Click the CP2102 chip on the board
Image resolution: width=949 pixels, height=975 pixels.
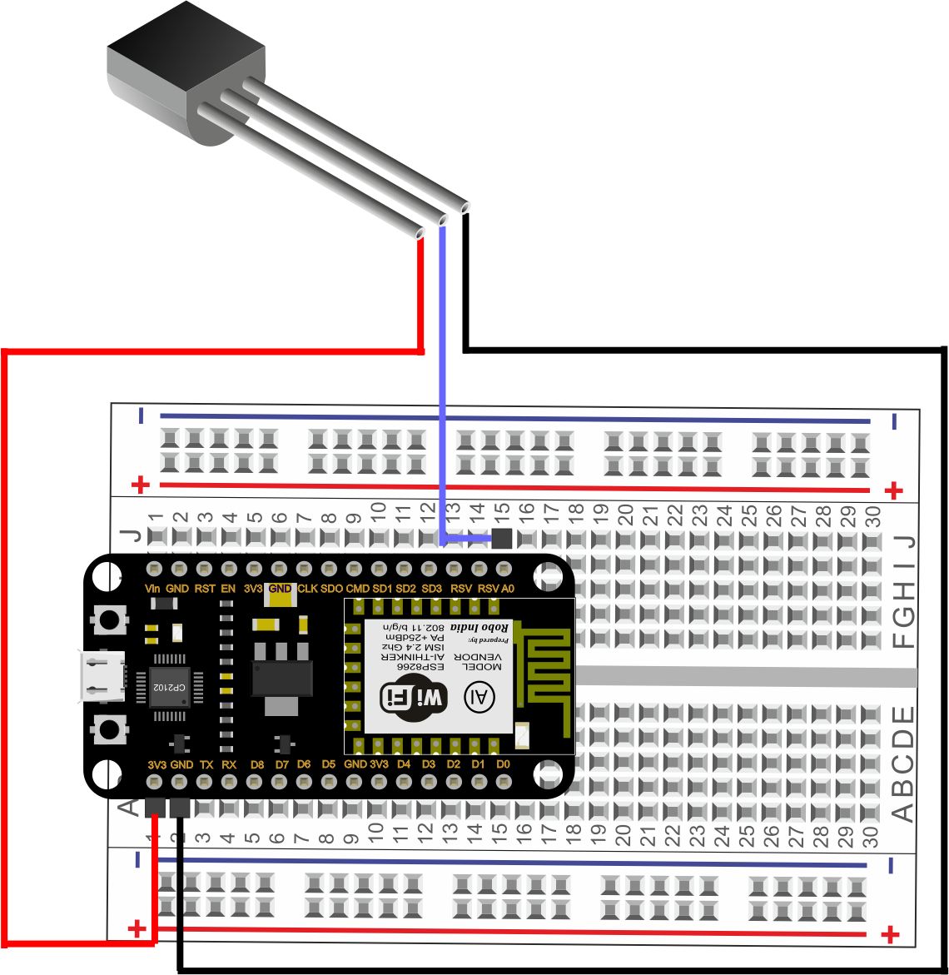(x=171, y=688)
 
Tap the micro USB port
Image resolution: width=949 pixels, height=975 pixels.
(x=102, y=676)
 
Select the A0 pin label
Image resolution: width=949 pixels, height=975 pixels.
(x=508, y=589)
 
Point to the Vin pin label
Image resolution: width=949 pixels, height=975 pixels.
(x=152, y=589)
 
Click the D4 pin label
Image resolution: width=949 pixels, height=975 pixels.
(x=404, y=764)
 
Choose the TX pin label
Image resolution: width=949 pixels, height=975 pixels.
(x=206, y=764)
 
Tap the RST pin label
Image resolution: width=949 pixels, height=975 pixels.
(x=205, y=589)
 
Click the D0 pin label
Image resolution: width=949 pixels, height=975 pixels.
(x=503, y=764)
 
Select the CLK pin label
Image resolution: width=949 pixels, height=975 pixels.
(x=307, y=589)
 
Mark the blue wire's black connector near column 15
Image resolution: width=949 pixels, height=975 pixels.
(x=502, y=539)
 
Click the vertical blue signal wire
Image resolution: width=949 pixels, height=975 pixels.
(x=442, y=375)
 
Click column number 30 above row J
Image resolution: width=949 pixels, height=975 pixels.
(x=873, y=514)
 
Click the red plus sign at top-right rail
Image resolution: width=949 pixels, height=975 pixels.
(x=893, y=490)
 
